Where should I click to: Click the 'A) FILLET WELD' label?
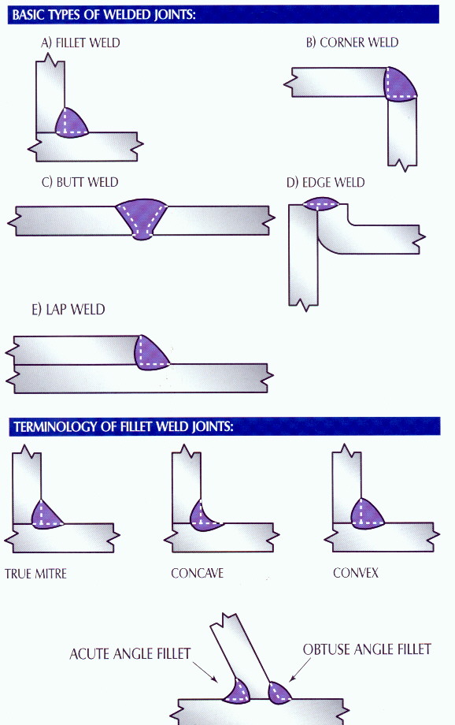coord(80,43)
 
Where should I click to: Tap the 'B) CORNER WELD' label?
coord(352,43)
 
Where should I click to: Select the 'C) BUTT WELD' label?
coord(80,182)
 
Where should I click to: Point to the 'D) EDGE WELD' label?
coord(326,183)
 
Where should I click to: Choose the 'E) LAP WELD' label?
coord(68,310)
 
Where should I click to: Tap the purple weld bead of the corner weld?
coord(399,85)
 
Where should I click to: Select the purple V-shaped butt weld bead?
coord(142,217)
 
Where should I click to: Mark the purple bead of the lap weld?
coord(150,353)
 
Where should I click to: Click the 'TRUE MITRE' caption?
coord(35,574)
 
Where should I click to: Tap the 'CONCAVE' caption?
coord(198,574)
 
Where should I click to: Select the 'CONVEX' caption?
coord(356,574)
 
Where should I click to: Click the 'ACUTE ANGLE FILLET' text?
coord(130,654)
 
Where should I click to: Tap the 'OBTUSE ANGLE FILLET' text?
coord(368,649)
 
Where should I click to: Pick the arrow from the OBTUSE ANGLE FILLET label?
coord(300,670)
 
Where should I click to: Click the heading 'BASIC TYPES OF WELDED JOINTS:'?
coord(104,15)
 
